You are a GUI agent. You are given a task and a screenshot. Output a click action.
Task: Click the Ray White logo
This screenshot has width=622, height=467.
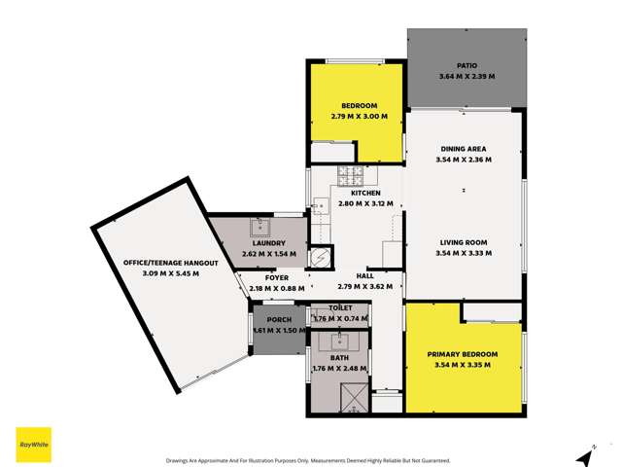point(33,445)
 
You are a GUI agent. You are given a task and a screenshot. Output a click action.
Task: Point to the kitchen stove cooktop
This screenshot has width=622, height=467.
point(349,175)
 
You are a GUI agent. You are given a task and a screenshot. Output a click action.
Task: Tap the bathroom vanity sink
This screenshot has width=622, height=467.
point(340,341)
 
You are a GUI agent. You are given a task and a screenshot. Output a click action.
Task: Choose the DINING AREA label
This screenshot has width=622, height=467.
point(464,149)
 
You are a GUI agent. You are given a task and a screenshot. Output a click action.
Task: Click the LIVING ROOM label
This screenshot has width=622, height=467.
point(463,242)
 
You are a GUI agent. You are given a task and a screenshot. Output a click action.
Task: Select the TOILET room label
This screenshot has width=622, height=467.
point(340,308)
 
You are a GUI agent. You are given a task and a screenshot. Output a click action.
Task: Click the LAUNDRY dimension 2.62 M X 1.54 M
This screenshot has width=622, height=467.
point(259,254)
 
